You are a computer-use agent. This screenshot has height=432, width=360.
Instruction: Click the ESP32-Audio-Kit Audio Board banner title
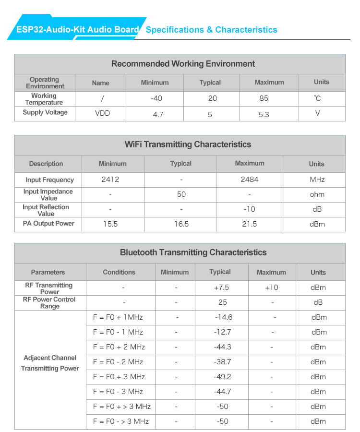(78, 30)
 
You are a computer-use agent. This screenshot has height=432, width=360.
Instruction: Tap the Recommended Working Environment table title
(183, 64)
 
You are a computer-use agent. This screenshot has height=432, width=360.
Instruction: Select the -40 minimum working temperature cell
(156, 98)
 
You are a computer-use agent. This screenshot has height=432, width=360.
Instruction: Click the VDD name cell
(103, 114)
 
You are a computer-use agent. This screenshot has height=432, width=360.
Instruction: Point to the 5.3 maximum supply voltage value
(264, 115)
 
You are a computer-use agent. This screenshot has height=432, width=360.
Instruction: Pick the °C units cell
(317, 98)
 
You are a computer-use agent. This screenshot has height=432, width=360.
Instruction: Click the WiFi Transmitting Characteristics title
(188, 144)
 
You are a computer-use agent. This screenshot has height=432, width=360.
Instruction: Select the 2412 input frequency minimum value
(110, 180)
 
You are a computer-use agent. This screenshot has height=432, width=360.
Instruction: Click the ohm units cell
(317, 194)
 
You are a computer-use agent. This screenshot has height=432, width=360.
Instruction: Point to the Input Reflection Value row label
(46, 210)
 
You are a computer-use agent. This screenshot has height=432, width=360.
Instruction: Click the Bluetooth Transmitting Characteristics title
(193, 252)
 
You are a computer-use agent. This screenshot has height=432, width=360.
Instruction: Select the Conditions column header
(119, 272)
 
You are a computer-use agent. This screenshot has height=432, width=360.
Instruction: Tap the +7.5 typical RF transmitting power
(221, 288)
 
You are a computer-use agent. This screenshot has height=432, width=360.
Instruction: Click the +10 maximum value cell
(271, 288)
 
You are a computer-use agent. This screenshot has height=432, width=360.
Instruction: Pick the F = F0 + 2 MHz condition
(119, 347)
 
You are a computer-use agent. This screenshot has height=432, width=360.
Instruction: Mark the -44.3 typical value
(223, 347)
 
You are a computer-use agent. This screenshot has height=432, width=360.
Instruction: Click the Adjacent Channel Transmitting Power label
(50, 363)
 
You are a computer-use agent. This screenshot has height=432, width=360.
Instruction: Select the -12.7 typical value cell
(223, 332)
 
